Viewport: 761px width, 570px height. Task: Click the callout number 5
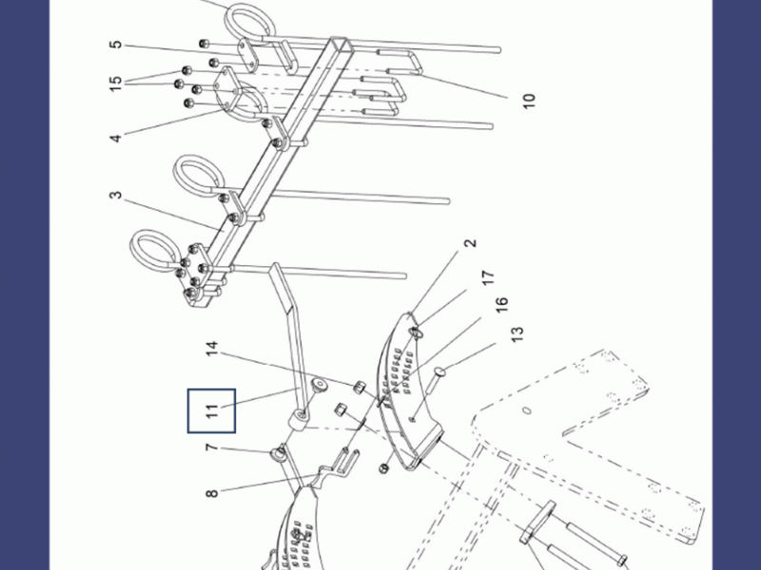tap(115, 45)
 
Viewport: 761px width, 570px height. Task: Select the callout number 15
tap(115, 84)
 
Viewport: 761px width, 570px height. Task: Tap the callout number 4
tap(115, 138)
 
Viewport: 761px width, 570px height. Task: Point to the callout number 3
tap(115, 195)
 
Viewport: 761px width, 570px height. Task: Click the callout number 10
tap(529, 101)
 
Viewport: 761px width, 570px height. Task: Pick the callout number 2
tap(470, 243)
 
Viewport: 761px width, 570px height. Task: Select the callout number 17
tap(488, 277)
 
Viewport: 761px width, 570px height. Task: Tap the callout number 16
tap(502, 304)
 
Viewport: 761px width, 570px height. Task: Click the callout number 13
tap(517, 334)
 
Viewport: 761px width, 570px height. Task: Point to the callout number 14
tap(212, 349)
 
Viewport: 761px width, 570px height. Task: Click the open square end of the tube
tap(341, 45)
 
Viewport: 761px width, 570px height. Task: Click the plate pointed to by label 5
tap(246, 56)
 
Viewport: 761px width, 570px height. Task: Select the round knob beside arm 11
tap(319, 385)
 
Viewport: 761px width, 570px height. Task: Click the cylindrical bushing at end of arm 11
tap(300, 418)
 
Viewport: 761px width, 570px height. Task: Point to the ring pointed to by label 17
tap(417, 332)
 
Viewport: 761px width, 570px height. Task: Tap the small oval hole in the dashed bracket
tap(527, 411)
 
